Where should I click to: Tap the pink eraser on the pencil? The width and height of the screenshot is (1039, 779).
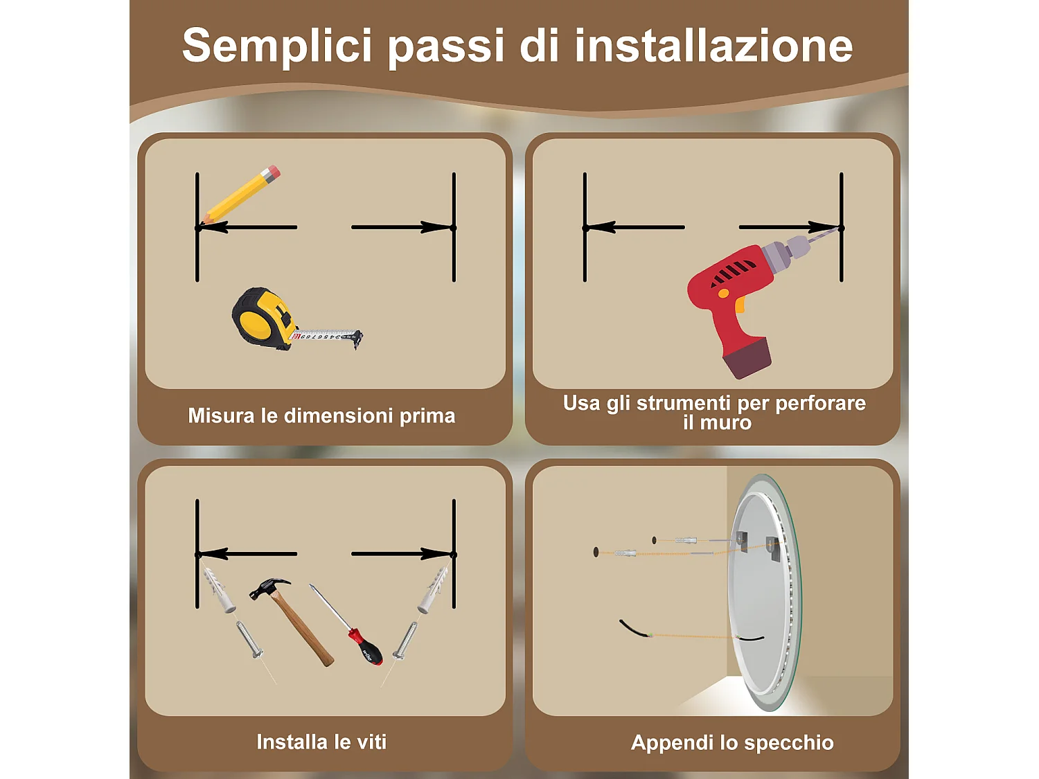click(272, 171)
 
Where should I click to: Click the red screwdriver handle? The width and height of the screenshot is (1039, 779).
click(365, 646)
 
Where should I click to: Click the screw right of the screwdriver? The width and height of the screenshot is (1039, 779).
click(406, 640)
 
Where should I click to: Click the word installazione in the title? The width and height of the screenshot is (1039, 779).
click(713, 46)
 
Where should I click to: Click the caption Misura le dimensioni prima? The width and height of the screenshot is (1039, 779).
click(321, 415)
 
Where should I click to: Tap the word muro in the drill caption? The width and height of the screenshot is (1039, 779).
click(726, 422)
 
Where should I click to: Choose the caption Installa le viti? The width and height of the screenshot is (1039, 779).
click(321, 742)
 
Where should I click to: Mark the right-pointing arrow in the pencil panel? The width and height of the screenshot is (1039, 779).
click(402, 227)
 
